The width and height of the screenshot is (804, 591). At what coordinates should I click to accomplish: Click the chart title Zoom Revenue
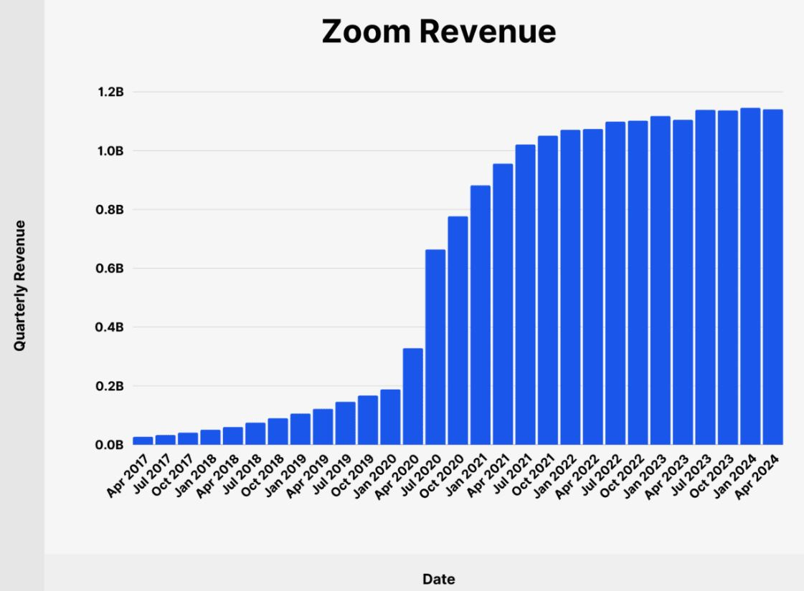pos(438,32)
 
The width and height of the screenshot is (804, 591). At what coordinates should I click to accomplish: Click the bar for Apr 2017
pos(143,441)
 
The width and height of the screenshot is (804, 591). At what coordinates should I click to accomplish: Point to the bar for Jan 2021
pos(481,315)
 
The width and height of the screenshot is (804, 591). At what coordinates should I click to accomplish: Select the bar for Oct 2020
pos(458,330)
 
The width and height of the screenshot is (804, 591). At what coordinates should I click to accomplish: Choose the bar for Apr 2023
pos(683,282)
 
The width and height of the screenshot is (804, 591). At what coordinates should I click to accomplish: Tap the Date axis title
pos(438,579)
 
